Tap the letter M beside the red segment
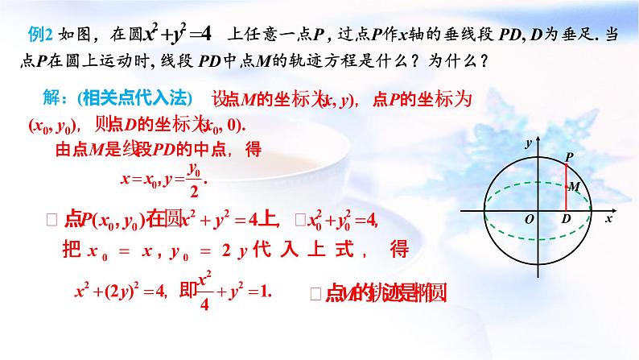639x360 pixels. (x=574, y=187)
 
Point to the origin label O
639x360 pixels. (x=530, y=219)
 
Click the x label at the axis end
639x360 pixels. (x=609, y=218)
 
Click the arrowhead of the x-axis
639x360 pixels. (x=604, y=211)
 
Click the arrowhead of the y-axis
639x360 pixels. (x=537, y=142)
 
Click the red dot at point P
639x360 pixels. (x=564, y=163)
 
